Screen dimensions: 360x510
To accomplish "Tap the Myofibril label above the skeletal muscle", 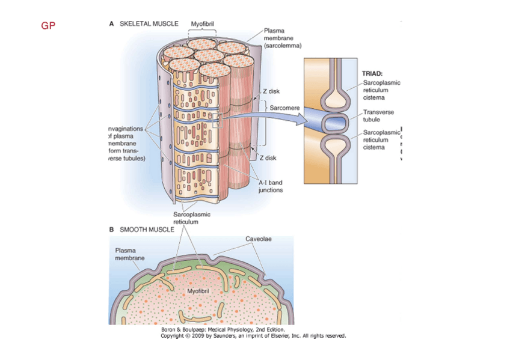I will click(203, 23).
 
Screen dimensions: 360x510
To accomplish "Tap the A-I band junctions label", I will click(270, 186).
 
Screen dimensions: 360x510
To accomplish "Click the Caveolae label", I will click(259, 239).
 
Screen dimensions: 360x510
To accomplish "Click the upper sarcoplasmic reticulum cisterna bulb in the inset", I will click(333, 99).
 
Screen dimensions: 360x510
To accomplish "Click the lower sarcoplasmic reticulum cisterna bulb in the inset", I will click(333, 147).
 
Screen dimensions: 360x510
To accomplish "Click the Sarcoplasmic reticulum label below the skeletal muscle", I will click(192, 218).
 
